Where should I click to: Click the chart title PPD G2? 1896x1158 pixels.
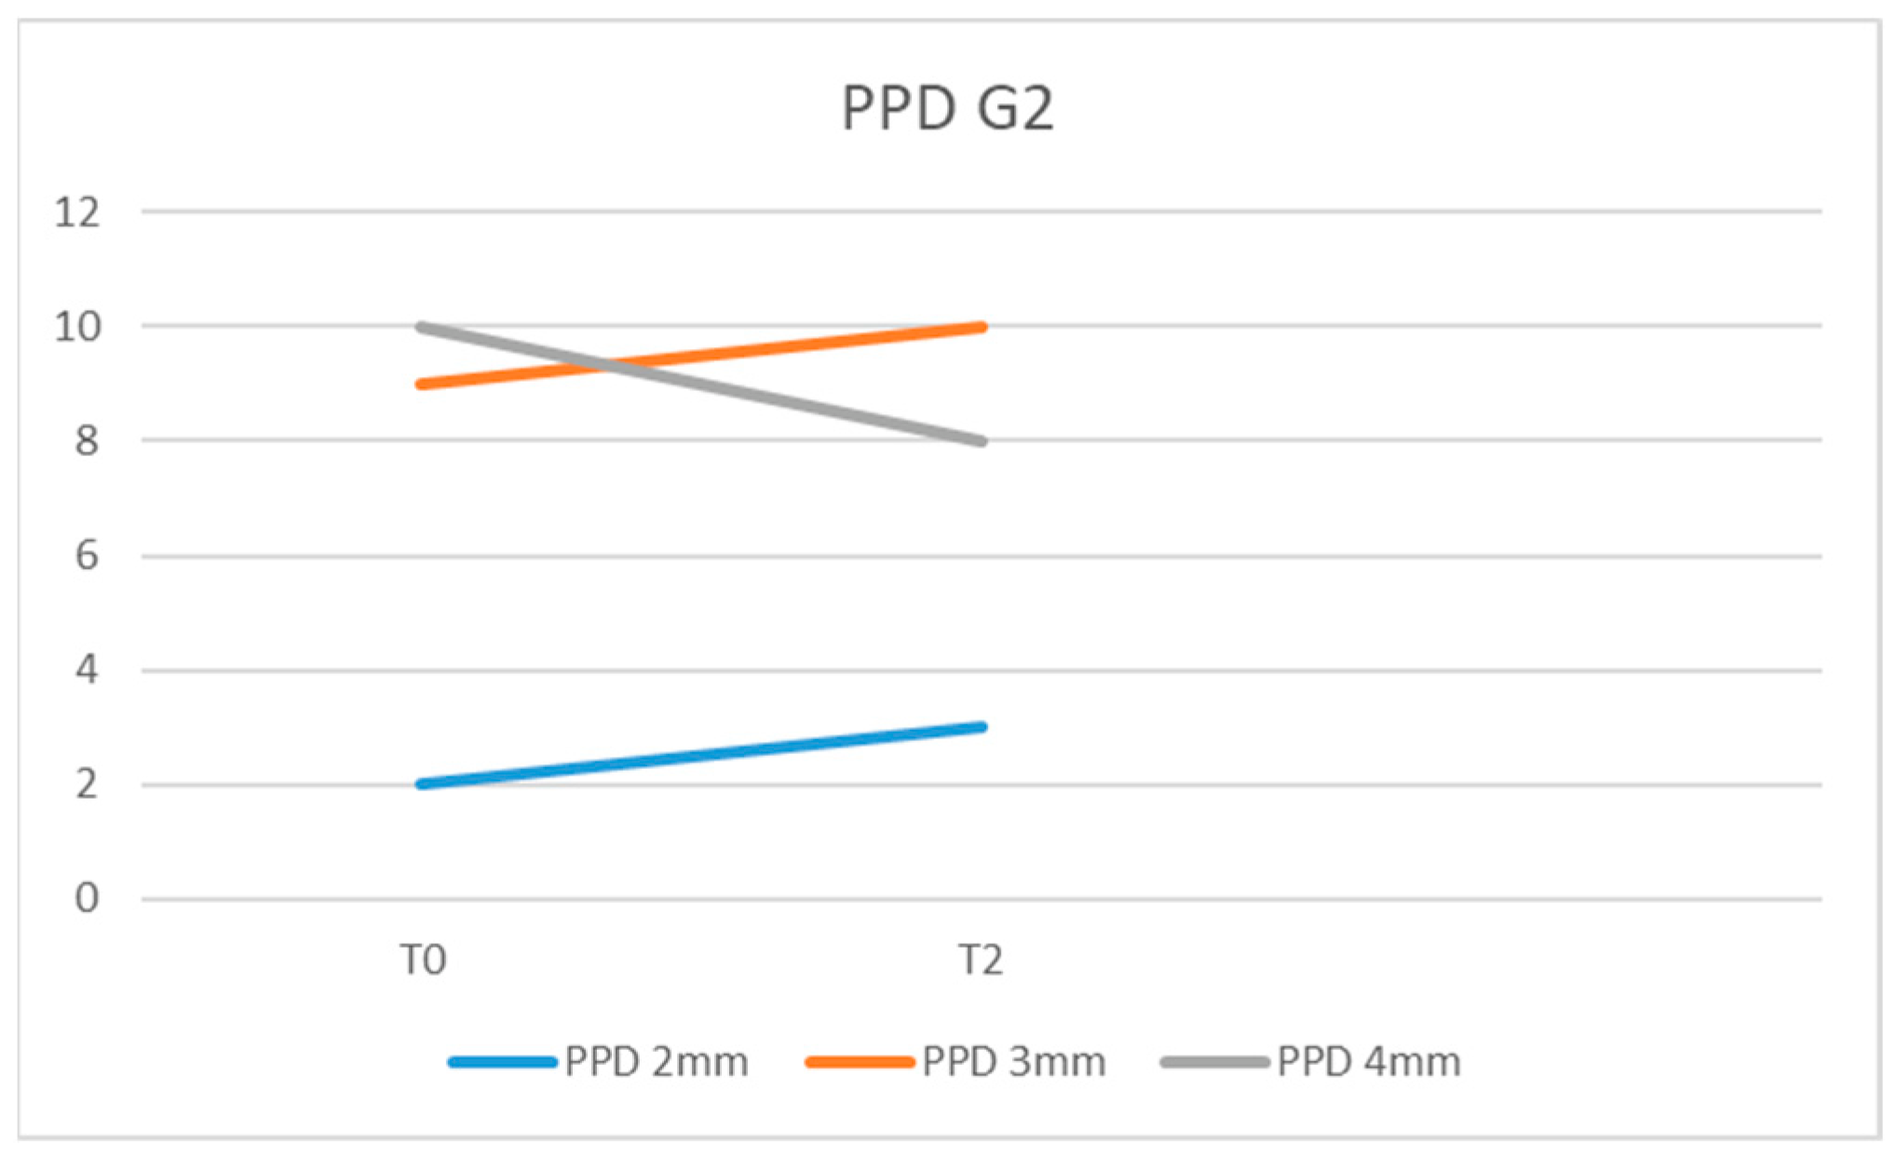click(x=947, y=108)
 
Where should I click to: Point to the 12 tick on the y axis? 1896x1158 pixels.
click(x=77, y=212)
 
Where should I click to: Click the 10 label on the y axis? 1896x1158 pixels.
click(x=77, y=327)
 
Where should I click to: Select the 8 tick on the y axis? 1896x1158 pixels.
click(x=86, y=441)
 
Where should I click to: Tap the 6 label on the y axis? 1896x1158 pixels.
click(x=86, y=556)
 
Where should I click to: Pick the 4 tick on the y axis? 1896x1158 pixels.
click(x=86, y=670)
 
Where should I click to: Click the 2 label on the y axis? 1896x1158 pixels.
click(x=86, y=785)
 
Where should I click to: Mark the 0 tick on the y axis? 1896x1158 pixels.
click(x=86, y=899)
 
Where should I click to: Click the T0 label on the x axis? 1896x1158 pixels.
click(x=423, y=960)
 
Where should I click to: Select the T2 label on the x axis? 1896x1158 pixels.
click(x=982, y=960)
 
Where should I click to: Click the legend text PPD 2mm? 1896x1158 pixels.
click(x=656, y=1062)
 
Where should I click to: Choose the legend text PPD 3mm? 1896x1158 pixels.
click(x=1013, y=1062)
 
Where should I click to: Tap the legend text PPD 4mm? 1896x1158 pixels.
click(x=1368, y=1062)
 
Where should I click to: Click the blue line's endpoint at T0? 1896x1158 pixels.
click(x=422, y=784)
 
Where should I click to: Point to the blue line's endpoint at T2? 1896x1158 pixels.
click(x=982, y=727)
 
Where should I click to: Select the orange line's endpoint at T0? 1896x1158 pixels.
click(x=422, y=384)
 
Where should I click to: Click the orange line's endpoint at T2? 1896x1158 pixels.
click(x=982, y=327)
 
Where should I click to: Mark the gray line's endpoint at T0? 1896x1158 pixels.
click(x=422, y=327)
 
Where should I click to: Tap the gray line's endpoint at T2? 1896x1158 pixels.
click(x=982, y=441)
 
